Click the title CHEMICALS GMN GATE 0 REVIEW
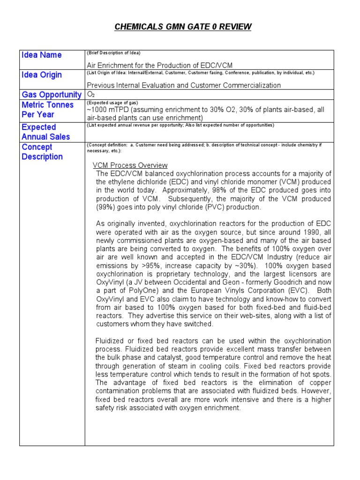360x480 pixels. tap(183, 27)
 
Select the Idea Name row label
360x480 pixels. tap(41, 55)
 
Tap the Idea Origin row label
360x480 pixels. tap(41, 75)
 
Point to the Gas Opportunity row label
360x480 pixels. tap(52, 95)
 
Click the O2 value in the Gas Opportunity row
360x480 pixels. tap(91, 94)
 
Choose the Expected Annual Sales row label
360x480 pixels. tap(45, 132)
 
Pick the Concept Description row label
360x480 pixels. tap(42, 152)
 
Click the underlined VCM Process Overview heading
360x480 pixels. tap(130, 165)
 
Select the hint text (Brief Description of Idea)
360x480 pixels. tap(114, 52)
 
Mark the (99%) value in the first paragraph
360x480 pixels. tap(105, 207)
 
